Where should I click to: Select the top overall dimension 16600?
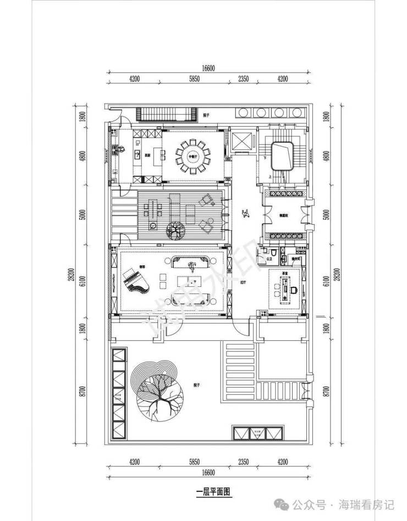click(207, 69)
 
